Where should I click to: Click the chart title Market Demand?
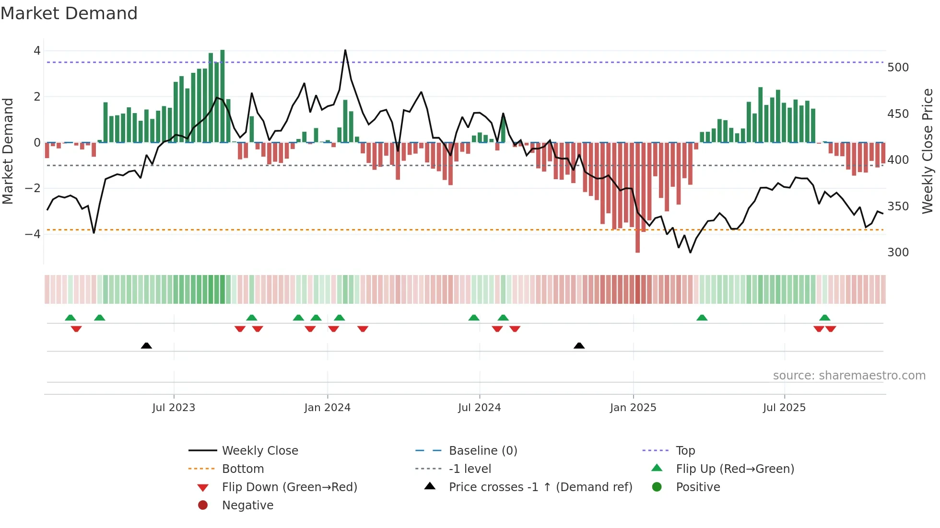(69, 13)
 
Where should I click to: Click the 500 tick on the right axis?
(898, 68)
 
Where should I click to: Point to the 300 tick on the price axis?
(898, 253)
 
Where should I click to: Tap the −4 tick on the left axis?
(33, 234)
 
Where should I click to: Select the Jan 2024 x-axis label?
(327, 408)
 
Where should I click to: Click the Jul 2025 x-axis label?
(784, 408)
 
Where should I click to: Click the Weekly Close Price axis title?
(928, 151)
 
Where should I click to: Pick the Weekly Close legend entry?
(259, 451)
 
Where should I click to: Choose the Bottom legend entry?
(243, 469)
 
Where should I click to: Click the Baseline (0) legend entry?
(482, 451)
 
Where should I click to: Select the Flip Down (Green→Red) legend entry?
(289, 487)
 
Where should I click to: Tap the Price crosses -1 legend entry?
(540, 487)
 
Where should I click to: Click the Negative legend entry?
(247, 505)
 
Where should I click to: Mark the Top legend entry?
(685, 451)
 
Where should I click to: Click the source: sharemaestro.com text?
(849, 376)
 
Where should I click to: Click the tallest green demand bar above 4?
(222, 96)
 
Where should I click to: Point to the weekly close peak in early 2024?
(345, 50)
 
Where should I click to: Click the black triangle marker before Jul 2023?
(146, 345)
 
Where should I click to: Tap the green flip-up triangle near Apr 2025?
(702, 318)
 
